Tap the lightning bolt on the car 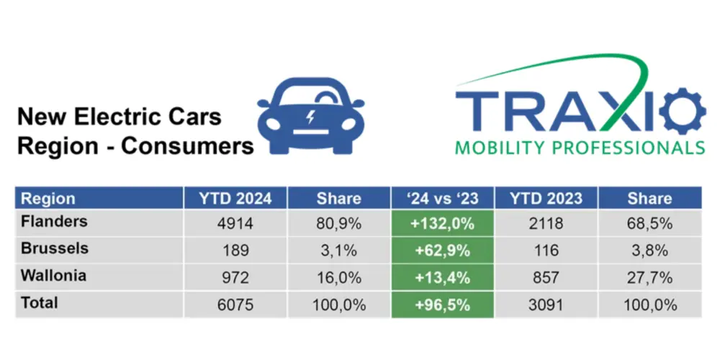coord(310,117)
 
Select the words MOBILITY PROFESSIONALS coord(580,149)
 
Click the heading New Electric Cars coord(119,117)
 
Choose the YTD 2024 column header coord(235,199)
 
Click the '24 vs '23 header coord(441,199)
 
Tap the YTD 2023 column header coord(545,199)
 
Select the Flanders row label coord(54,222)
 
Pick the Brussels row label coord(55,248)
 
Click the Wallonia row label coord(55,276)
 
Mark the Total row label coord(40,303)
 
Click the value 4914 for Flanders coord(235,223)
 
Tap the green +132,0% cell coord(441,223)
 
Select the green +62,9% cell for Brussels coord(441,251)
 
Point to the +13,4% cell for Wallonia coord(441,277)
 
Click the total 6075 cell coord(235,305)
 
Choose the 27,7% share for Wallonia coord(649,277)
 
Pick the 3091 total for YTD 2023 coord(545,305)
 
